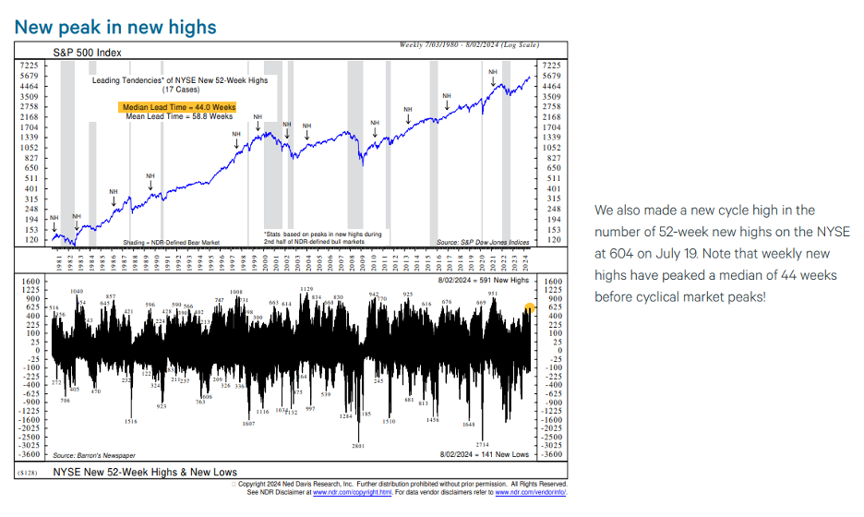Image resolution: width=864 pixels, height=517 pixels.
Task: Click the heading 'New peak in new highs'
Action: tap(115, 26)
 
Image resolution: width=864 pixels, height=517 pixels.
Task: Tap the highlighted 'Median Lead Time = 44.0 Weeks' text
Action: tap(179, 107)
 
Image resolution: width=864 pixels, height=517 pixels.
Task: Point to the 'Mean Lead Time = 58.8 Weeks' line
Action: tap(179, 117)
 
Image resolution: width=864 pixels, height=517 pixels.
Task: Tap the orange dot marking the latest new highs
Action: tap(529, 307)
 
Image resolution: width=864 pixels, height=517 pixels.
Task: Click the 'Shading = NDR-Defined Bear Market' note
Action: tap(171, 242)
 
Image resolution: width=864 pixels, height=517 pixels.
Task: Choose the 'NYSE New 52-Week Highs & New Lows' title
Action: tap(145, 472)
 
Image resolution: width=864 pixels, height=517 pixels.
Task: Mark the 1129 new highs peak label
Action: tap(306, 290)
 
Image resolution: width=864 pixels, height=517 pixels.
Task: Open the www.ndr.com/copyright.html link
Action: tap(337, 491)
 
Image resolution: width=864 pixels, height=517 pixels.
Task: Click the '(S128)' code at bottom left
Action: tap(29, 473)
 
